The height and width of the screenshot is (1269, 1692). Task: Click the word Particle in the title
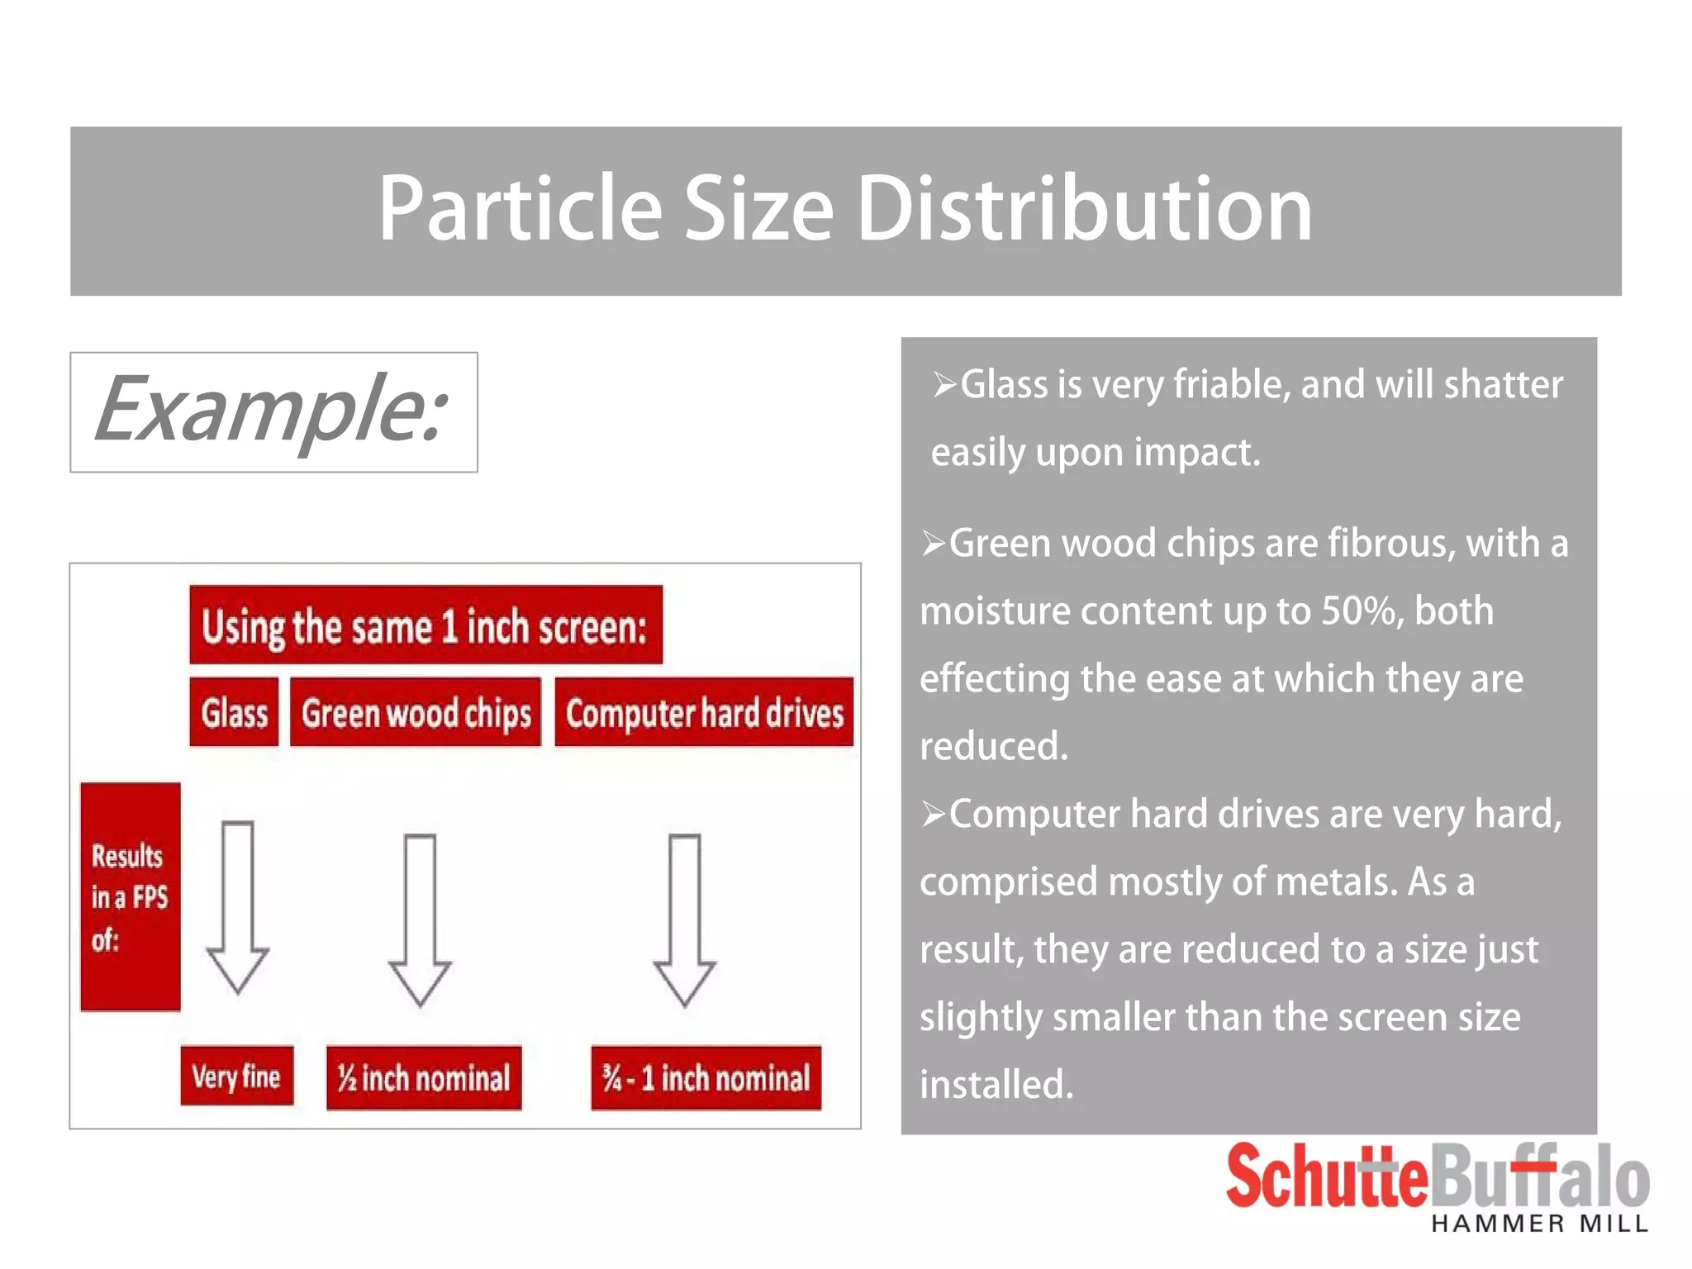[x=520, y=209]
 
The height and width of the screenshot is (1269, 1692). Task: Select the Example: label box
[x=273, y=412]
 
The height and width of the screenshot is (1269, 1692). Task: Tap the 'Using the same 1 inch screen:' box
[x=425, y=625]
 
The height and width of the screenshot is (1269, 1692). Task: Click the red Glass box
[x=234, y=712]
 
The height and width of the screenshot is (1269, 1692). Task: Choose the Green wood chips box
[x=416, y=712]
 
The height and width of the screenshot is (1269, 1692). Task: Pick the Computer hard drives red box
[x=704, y=712]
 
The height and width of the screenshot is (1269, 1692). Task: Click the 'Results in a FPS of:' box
[x=130, y=896]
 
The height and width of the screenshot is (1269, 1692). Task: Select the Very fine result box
[x=236, y=1076]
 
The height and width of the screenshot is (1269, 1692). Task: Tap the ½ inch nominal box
[x=424, y=1077]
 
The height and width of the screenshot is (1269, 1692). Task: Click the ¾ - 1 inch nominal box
[x=706, y=1077]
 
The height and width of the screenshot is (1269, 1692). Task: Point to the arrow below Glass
[x=238, y=906]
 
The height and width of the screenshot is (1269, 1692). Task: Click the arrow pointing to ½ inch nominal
[x=420, y=919]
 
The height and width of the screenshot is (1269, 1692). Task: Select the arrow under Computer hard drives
[x=684, y=919]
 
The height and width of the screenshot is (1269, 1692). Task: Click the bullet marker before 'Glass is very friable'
[x=944, y=384]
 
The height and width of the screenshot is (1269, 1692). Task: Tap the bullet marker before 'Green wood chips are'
[x=933, y=544]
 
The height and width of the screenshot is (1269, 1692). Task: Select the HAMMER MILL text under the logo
[x=1540, y=1224]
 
